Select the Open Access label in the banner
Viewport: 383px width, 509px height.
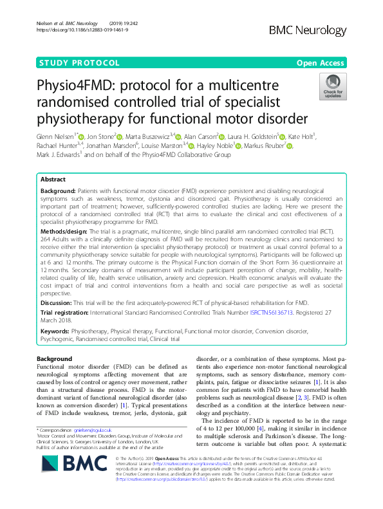tap(323, 63)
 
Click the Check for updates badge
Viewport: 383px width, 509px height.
tap(333, 86)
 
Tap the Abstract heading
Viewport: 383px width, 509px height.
tap(53, 180)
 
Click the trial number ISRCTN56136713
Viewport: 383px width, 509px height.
tap(270, 313)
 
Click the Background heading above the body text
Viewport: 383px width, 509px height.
tap(55, 358)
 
